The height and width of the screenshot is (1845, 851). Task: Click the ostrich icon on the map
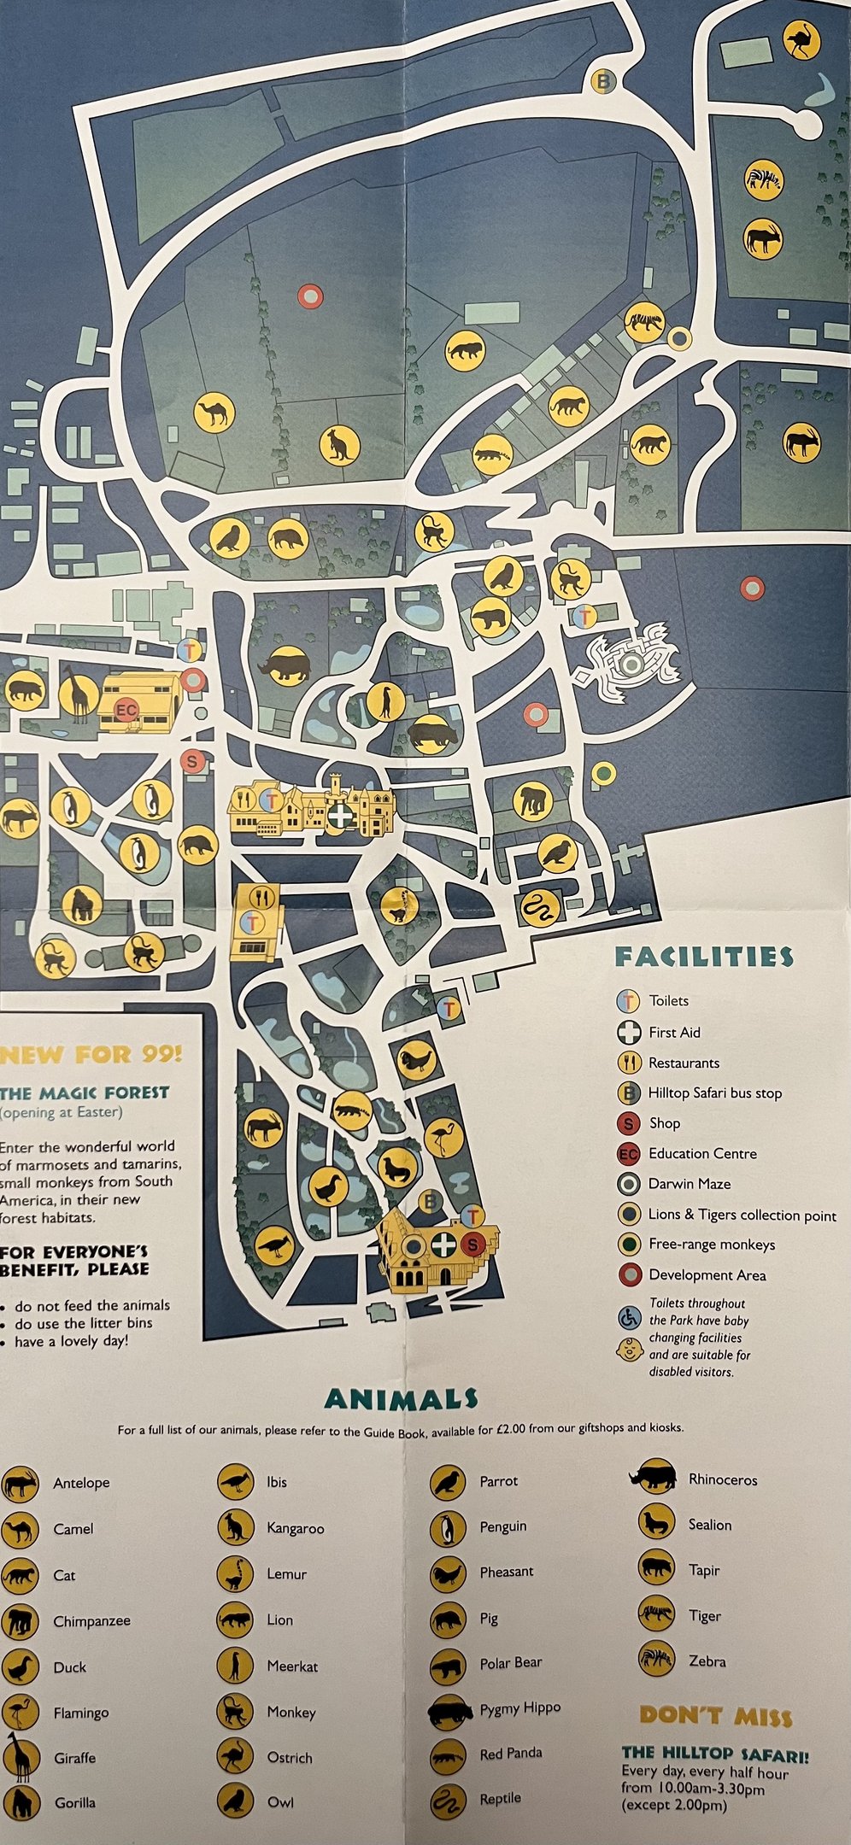coord(801,41)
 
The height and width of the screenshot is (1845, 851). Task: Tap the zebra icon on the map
coord(763,179)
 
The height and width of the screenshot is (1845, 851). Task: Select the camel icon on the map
coord(214,413)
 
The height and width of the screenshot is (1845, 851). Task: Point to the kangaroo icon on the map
coord(339,445)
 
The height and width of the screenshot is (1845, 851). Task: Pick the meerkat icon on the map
coord(386,701)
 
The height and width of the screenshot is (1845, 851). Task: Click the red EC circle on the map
coord(126,710)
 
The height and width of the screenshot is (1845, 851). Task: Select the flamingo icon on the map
coord(444,1138)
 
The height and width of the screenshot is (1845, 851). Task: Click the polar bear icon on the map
coord(490,617)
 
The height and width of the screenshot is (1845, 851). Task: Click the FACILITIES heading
coord(703,957)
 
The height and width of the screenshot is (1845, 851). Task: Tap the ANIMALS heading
coord(401,1399)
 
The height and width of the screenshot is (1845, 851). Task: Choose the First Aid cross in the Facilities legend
coord(629,1032)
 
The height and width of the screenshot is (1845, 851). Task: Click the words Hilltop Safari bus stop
coord(714,1093)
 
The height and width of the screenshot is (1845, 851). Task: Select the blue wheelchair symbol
coord(630,1317)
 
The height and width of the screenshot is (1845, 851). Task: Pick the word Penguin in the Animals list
coord(502,1526)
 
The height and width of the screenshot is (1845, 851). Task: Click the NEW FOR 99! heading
coord(91,1054)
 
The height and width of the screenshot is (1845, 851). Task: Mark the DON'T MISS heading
coord(715,1714)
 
